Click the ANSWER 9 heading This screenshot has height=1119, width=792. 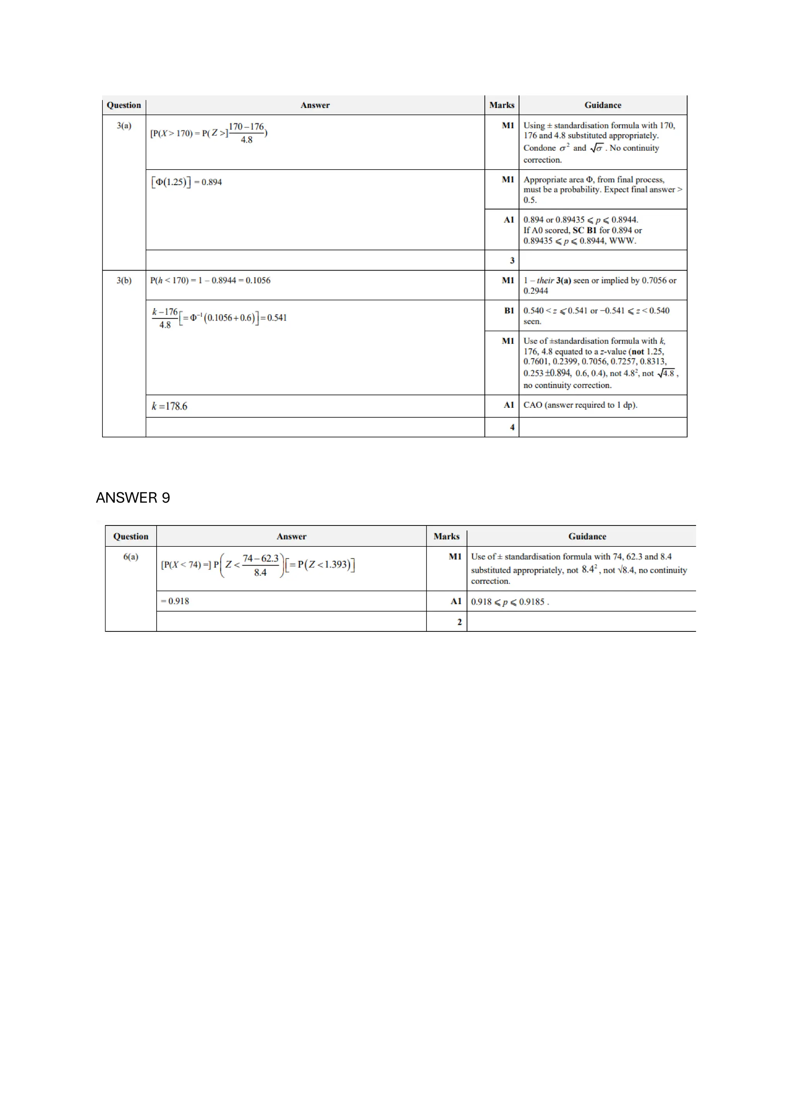pyautogui.click(x=133, y=498)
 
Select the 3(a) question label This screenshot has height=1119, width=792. pyautogui.click(x=124, y=126)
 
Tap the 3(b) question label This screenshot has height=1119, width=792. pyautogui.click(x=124, y=280)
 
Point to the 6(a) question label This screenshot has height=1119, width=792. pyautogui.click(x=131, y=556)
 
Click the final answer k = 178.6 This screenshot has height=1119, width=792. pyautogui.click(x=169, y=406)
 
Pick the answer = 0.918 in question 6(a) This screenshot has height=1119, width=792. pyautogui.click(x=175, y=601)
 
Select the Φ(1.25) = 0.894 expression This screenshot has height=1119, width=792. pyautogui.click(x=187, y=182)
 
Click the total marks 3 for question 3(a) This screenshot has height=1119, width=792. pyautogui.click(x=512, y=260)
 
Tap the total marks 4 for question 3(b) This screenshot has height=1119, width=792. pyautogui.click(x=512, y=427)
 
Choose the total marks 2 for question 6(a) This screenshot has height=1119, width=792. pyautogui.click(x=459, y=622)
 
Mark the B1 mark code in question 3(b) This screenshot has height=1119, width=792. pyautogui.click(x=509, y=310)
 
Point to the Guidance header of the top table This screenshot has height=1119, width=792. pyautogui.click(x=603, y=105)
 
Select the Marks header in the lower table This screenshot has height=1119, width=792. pyautogui.click(x=446, y=536)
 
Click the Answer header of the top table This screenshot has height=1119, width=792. pyautogui.click(x=315, y=105)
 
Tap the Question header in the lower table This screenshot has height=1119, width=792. pyautogui.click(x=131, y=536)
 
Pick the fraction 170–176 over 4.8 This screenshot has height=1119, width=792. pyautogui.click(x=246, y=133)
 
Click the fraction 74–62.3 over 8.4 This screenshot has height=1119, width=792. pyautogui.click(x=260, y=565)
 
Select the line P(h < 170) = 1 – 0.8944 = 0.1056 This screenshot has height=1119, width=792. pyautogui.click(x=210, y=280)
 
